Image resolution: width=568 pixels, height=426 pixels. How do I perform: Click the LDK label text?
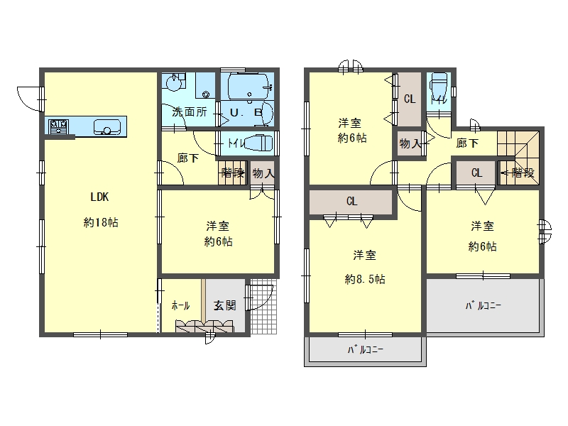(99, 197)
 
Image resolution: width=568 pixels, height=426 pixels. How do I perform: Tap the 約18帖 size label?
(101, 222)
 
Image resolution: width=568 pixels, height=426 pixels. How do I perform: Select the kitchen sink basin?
(107, 127)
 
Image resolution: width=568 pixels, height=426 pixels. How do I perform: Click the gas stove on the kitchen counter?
(59, 126)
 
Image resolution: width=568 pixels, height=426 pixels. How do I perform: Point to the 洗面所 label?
(190, 111)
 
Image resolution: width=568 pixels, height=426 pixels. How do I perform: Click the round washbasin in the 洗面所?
(173, 83)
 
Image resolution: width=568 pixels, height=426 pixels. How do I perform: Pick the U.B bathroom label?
(246, 113)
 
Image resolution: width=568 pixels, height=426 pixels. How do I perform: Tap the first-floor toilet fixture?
(258, 143)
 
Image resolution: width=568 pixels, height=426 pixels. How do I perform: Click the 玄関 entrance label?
(224, 305)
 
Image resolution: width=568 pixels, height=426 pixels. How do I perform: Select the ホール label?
(180, 305)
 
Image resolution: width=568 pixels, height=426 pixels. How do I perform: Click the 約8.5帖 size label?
(365, 279)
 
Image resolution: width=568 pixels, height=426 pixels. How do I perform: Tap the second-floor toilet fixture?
(439, 86)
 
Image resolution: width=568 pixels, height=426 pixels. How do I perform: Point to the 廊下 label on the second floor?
(467, 143)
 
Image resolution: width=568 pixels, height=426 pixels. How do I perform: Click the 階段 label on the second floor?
(523, 173)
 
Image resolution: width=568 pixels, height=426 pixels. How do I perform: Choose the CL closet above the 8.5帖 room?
(351, 202)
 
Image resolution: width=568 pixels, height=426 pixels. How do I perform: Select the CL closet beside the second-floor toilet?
(410, 99)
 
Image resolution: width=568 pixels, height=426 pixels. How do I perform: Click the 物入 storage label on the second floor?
(410, 144)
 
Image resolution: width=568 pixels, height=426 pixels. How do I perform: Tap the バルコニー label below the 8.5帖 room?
(365, 349)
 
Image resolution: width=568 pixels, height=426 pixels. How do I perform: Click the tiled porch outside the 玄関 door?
(263, 307)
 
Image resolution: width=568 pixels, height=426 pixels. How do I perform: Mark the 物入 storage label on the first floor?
(263, 173)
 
